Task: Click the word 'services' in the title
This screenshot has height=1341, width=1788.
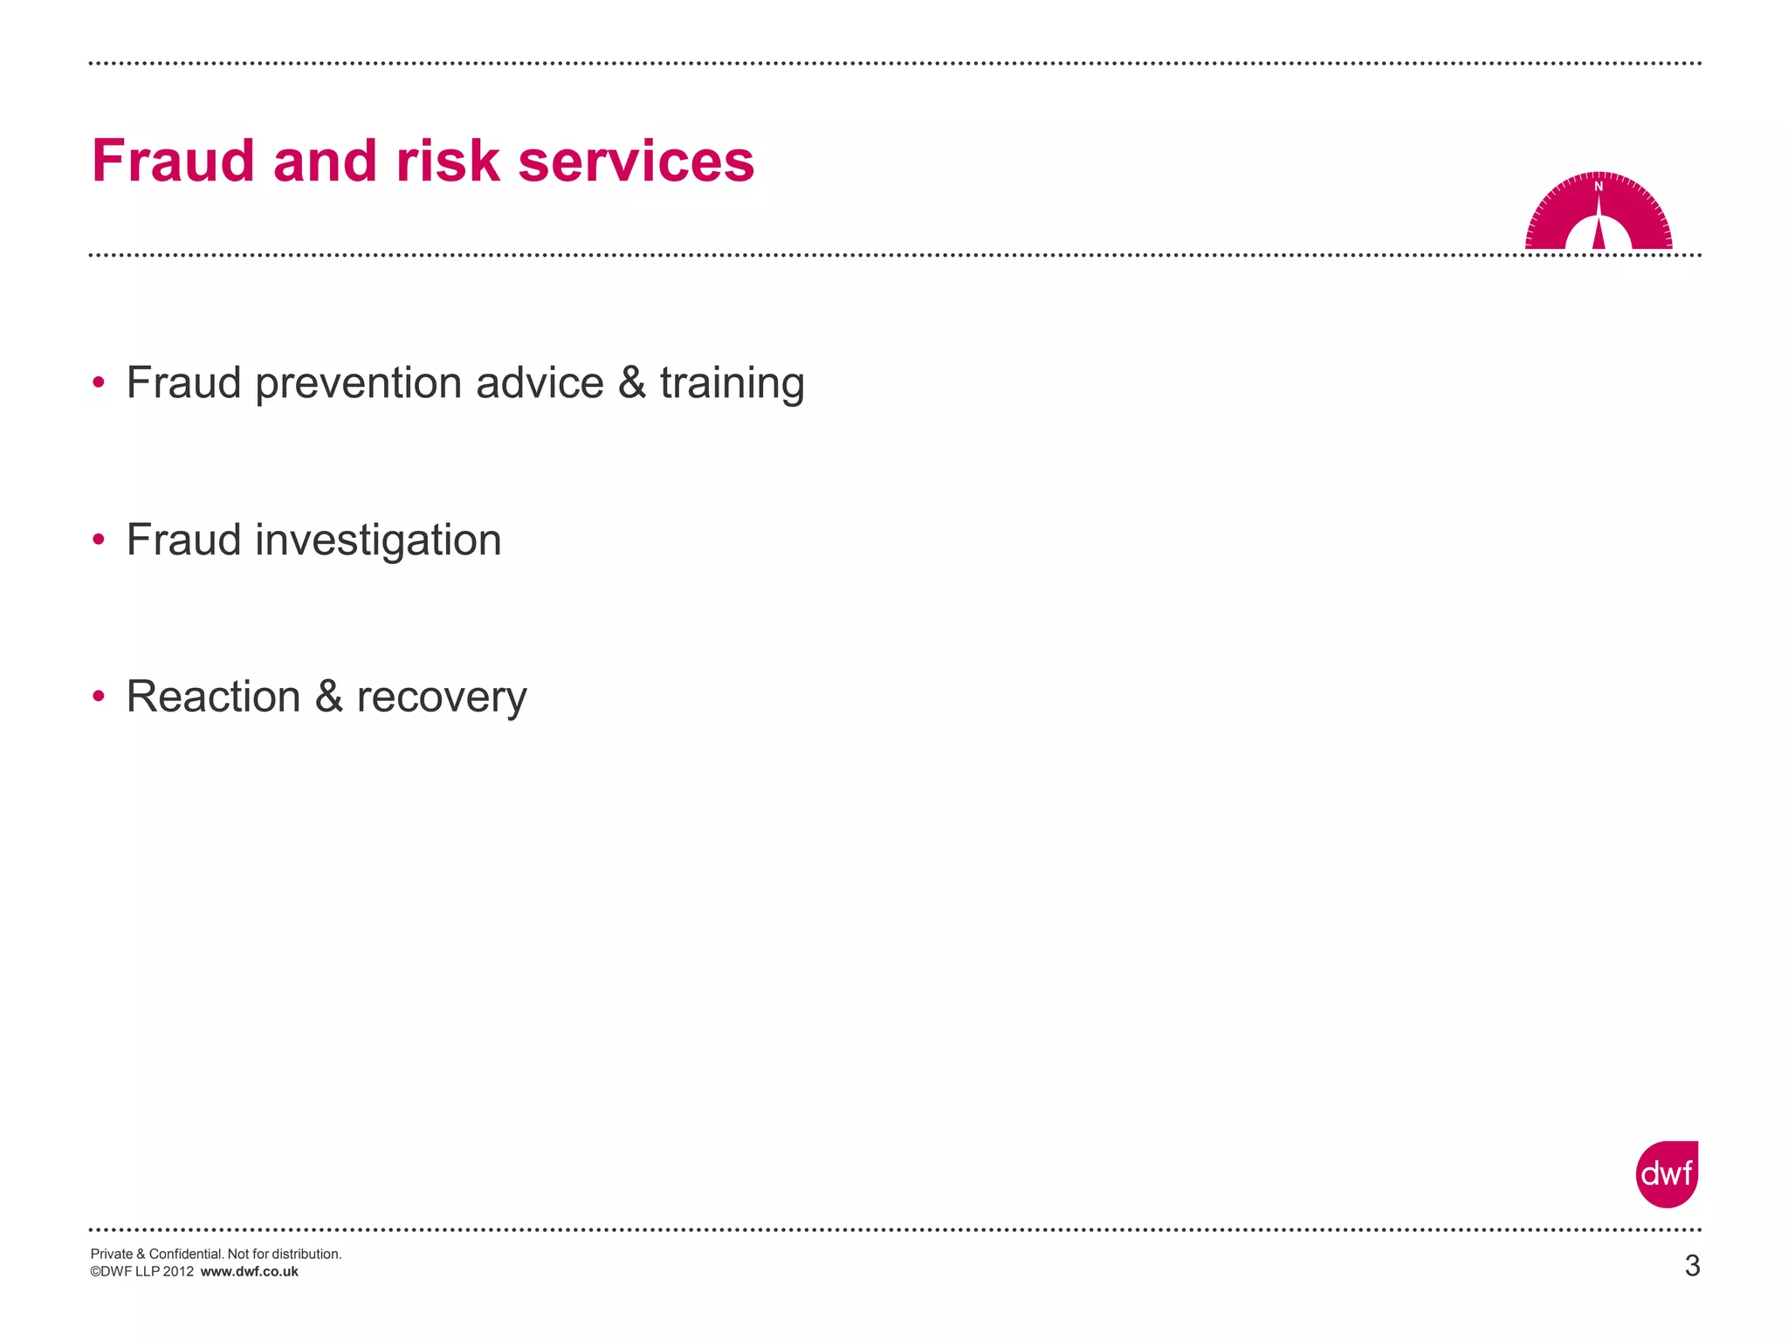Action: coord(636,162)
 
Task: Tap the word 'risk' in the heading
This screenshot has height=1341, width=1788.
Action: coord(448,162)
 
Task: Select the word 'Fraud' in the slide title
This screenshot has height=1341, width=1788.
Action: coord(173,162)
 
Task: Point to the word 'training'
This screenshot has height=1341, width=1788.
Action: coord(732,384)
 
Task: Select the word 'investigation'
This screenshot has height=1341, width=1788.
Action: coord(378,540)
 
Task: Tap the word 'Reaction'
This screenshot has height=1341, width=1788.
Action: coord(213,697)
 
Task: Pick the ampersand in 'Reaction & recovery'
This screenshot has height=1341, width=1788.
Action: coord(328,697)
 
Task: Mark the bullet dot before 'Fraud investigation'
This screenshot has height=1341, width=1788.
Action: coord(99,540)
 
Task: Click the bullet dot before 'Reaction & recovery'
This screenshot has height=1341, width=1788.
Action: coord(99,696)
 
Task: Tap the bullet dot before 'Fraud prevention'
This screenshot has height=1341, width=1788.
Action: coord(99,382)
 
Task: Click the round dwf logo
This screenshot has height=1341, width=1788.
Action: coord(1667,1174)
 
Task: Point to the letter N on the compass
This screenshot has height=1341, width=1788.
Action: coord(1599,187)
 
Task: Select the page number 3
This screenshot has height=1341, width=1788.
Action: coord(1692,1266)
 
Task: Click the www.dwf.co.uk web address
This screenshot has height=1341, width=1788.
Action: coord(250,1272)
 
